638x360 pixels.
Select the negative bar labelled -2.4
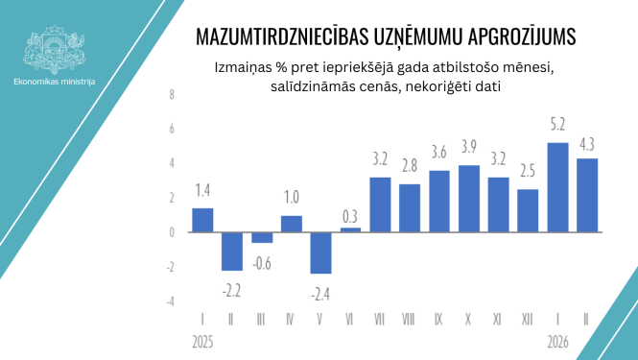(321, 252)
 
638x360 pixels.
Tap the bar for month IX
(440, 201)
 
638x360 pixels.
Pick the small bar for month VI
(351, 229)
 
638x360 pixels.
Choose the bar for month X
(470, 198)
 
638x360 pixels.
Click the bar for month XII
(528, 210)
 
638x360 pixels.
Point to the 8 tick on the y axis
(172, 94)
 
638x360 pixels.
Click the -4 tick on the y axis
(171, 301)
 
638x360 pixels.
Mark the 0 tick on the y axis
(172, 232)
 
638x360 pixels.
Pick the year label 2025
(201, 341)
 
